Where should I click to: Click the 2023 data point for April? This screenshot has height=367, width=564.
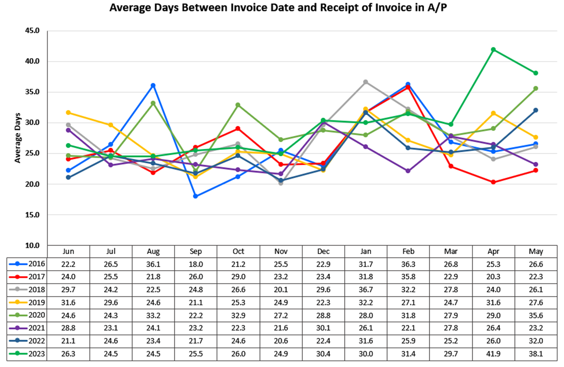point(493,49)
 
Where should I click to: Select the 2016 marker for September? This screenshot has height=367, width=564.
point(195,196)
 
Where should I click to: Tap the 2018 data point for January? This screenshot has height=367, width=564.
point(366,82)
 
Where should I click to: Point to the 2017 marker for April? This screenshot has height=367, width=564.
point(493,182)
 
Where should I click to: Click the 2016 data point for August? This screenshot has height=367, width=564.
point(153,86)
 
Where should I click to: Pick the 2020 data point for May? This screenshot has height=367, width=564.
point(536,89)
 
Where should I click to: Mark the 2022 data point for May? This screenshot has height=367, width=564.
point(536,110)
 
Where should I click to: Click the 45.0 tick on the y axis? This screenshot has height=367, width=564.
point(32,31)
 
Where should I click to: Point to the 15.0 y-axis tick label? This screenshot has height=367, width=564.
point(32,215)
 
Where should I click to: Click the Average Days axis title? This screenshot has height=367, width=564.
point(17,138)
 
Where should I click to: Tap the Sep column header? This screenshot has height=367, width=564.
point(196,251)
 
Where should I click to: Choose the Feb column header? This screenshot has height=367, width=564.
point(408,251)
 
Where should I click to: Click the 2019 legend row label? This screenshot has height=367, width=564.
point(37,303)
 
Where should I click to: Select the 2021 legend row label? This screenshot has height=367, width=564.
point(37,328)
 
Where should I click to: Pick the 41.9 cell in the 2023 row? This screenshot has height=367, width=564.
point(493,354)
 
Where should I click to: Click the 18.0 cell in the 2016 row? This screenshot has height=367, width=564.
point(196,264)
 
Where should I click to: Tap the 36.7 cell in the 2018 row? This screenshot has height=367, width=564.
point(366,290)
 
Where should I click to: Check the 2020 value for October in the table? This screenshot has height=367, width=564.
point(238,316)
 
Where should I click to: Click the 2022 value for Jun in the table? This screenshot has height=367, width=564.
point(68,341)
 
